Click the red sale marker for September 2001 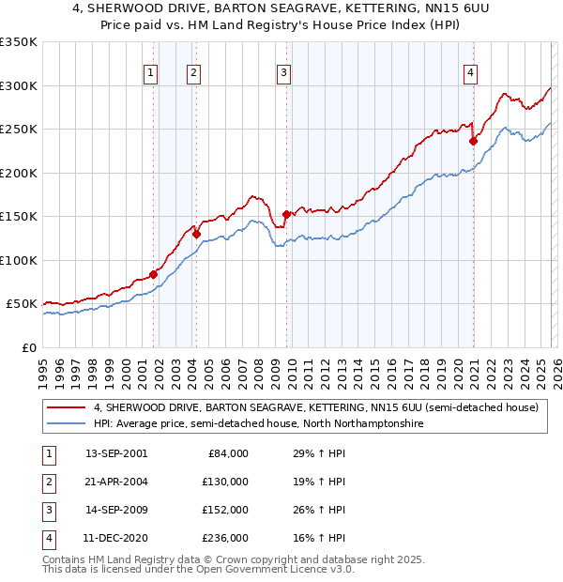(153, 275)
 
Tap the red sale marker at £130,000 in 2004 (196, 235)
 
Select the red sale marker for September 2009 (286, 214)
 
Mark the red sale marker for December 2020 (473, 142)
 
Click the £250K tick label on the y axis (20, 130)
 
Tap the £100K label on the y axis (20, 260)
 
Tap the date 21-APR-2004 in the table (116, 481)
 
